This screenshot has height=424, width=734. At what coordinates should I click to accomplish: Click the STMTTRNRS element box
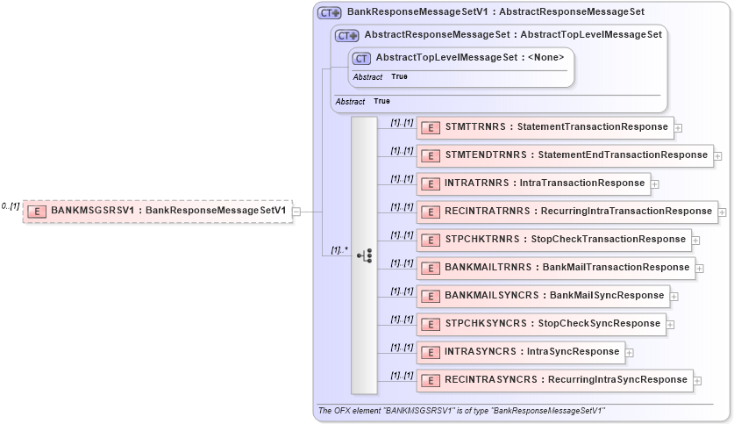coord(545,127)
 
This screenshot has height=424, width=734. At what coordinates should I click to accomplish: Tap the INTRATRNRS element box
coord(532,183)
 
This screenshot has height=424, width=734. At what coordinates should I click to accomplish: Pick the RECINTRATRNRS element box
coord(567,212)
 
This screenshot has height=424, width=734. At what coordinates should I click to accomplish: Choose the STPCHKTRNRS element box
coord(553,240)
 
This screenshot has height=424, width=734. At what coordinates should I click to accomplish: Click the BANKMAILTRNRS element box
coord(555,268)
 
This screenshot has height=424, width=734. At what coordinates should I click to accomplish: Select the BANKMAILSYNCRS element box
coord(543,296)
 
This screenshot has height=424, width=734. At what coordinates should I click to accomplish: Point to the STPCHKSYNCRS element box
coord(541,324)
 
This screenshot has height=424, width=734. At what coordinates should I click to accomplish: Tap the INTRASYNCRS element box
coord(520,352)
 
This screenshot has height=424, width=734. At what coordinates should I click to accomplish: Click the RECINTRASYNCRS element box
coord(554,380)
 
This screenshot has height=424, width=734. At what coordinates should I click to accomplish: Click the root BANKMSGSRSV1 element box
coord(157,211)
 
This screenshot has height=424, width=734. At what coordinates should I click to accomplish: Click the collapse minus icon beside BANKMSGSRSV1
coord(297,211)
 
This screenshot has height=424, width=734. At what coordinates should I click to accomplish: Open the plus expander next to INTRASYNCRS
coord(630,353)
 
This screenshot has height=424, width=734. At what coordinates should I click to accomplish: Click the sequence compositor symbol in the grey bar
coord(365,255)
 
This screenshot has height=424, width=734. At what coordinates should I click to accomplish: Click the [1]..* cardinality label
coord(339,250)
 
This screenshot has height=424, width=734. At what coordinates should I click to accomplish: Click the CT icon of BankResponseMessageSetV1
coord(330,12)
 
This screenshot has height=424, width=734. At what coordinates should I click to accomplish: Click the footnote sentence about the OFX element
coord(461,411)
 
